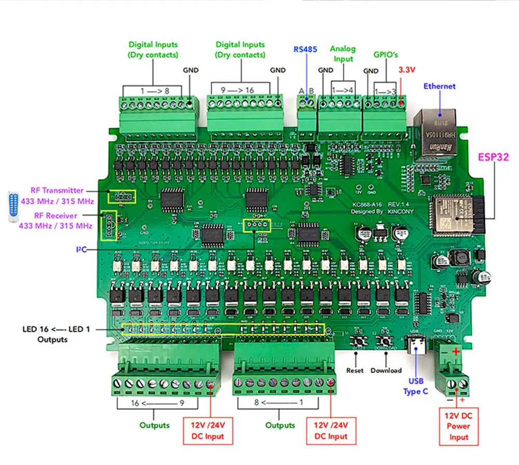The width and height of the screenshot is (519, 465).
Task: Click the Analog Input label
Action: (343, 54)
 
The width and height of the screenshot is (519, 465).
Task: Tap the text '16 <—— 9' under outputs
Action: (158, 402)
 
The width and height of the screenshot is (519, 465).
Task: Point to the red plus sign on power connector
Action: (456, 352)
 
